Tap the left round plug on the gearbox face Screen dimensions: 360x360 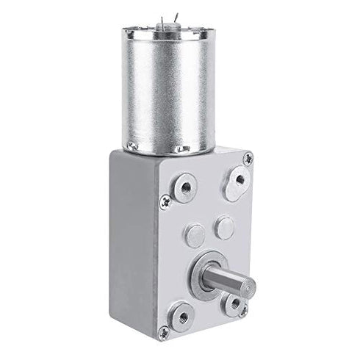pyautogui.click(x=194, y=235)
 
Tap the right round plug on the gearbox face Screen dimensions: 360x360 pyautogui.click(x=225, y=227)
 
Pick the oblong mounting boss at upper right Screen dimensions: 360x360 pyautogui.click(x=236, y=181)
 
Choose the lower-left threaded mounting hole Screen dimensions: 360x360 pyautogui.click(x=181, y=317)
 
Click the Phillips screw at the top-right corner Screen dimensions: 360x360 pyautogui.click(x=248, y=156)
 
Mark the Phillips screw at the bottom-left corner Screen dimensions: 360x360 pyautogui.click(x=157, y=325)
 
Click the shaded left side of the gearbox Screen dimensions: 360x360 pyautogui.click(x=132, y=242)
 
